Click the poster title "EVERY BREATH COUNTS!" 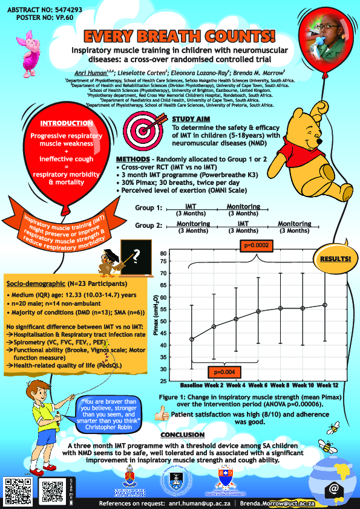[x=180, y=36]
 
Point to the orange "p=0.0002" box [x=256, y=245]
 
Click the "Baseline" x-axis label [x=193, y=384]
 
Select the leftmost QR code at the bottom [x=17, y=489]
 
